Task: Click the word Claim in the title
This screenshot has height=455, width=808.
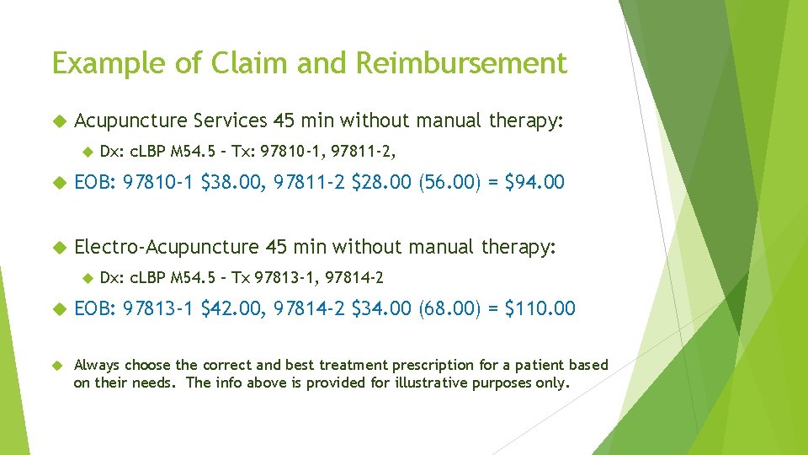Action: pyautogui.click(x=237, y=63)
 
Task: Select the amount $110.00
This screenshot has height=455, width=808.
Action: pyautogui.click(x=540, y=308)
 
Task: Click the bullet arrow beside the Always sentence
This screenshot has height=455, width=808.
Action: pyautogui.click(x=58, y=365)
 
